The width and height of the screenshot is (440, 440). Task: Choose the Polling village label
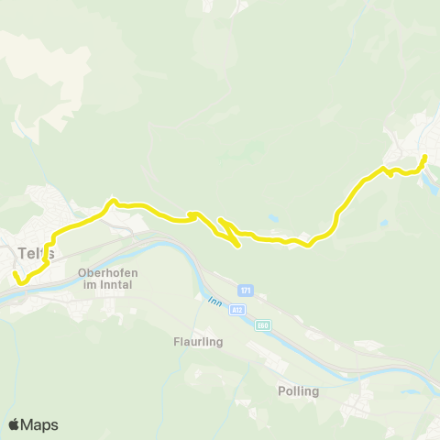point(298,390)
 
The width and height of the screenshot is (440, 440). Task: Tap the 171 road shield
point(245,291)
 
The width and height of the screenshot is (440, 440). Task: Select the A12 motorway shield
point(238,312)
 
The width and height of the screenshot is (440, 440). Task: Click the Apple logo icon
point(15,424)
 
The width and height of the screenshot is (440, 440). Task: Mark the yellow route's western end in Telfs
point(14,273)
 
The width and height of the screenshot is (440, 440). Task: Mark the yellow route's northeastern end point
point(424,158)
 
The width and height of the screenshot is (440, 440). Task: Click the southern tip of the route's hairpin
point(239,246)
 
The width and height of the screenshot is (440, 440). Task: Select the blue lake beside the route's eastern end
point(429,186)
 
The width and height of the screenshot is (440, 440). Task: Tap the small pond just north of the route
point(274,217)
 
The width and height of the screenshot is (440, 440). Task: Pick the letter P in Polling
point(281,390)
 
